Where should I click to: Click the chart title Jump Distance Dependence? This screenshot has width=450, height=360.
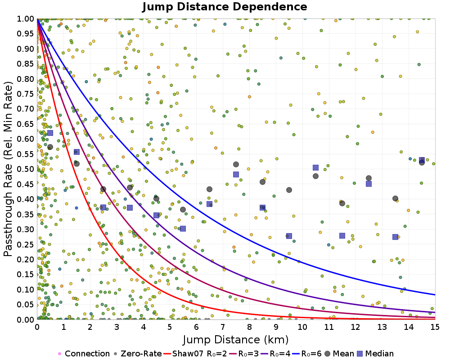[x=225, y=7]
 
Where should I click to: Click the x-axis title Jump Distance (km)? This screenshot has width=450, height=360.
[x=235, y=339]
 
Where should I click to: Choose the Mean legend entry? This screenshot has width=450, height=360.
[x=348, y=354]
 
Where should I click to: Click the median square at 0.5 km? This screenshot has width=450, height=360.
[x=50, y=132]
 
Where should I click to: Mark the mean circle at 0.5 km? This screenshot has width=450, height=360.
[x=50, y=147]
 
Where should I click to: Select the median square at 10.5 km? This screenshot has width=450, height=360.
[x=315, y=167]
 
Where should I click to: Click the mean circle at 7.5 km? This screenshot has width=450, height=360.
[x=236, y=164]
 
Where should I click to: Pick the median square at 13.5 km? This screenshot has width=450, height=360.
[x=395, y=237]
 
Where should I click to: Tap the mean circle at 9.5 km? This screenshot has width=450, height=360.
[x=289, y=189]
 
